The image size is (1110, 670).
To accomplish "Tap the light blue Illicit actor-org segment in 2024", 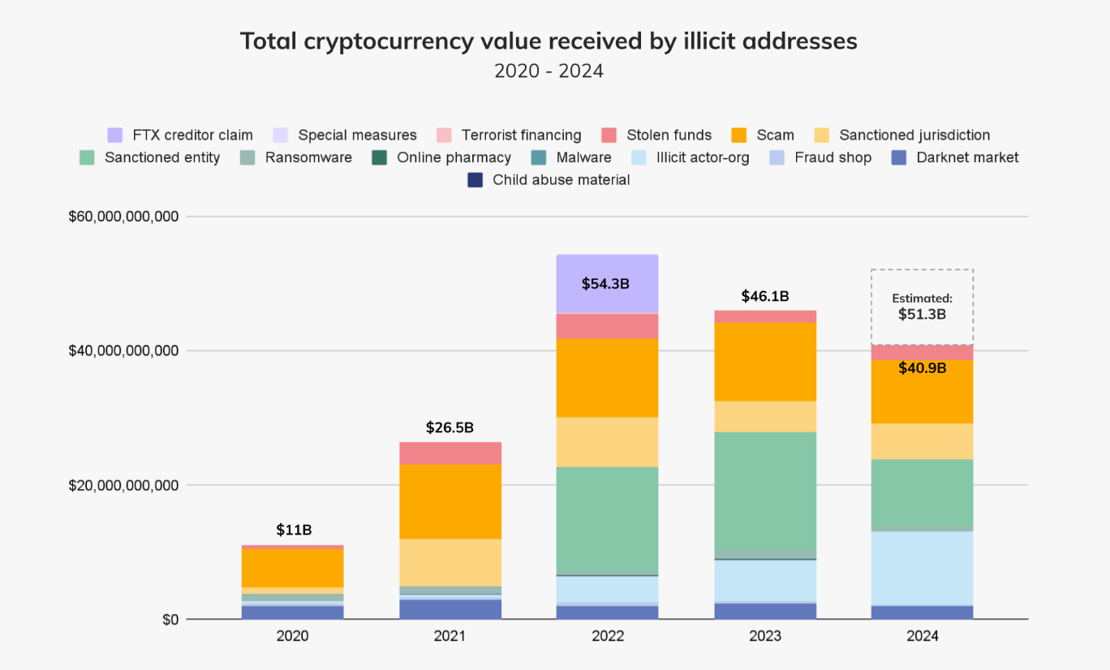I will coord(922,568).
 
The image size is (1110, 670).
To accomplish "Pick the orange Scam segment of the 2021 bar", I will coord(450,501).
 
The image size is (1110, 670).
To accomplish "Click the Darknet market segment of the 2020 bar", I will coord(292,612).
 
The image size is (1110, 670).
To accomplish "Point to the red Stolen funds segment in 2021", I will coord(450,453).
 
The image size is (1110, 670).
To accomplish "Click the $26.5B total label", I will coord(450,427).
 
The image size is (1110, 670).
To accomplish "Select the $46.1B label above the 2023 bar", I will coord(765,297).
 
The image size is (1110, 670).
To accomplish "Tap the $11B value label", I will coord(293,530).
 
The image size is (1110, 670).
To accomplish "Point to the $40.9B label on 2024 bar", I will coord(922,367).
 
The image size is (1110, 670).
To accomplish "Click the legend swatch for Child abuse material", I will coord(475,180).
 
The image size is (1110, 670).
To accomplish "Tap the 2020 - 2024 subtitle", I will coord(549,71).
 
